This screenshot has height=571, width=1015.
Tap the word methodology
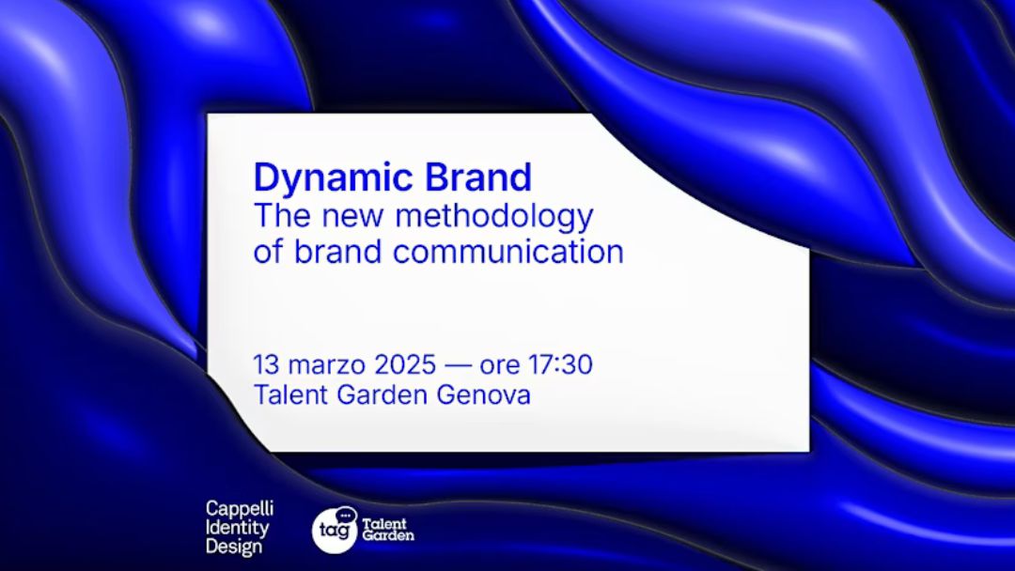click(494, 217)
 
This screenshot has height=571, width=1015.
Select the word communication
click(508, 252)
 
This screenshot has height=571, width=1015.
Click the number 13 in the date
click(266, 364)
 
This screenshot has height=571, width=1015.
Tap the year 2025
click(405, 364)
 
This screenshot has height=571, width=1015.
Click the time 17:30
click(560, 364)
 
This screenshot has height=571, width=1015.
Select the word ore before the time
click(500, 367)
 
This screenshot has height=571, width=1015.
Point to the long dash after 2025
click(459, 366)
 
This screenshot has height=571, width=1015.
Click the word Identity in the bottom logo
click(237, 529)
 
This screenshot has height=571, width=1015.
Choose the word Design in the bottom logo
click(234, 547)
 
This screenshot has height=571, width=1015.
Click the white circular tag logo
click(335, 531)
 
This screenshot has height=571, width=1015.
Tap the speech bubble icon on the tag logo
click(346, 515)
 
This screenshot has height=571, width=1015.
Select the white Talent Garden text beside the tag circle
click(388, 530)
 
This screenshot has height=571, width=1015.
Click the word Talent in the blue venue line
click(292, 394)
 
